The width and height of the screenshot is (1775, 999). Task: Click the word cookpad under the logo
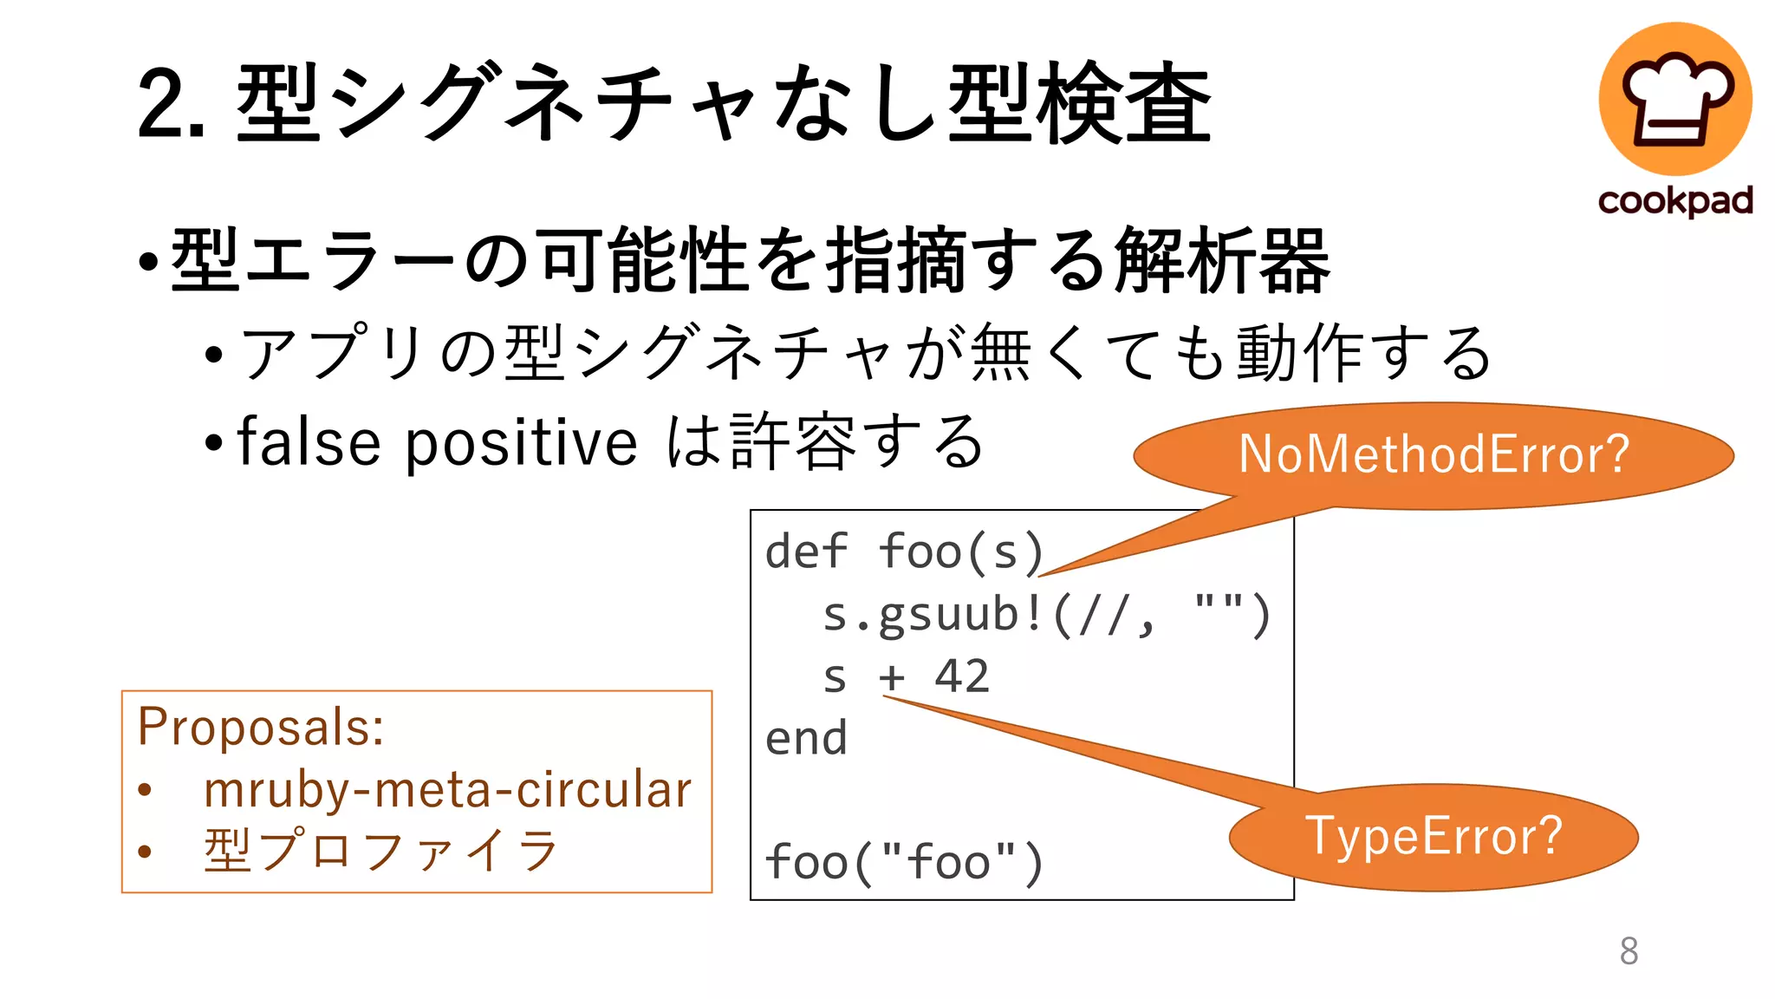click(1675, 201)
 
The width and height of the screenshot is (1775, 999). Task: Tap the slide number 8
click(1629, 950)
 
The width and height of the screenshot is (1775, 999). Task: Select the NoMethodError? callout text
click(1434, 454)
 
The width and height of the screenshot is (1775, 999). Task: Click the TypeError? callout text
click(1434, 836)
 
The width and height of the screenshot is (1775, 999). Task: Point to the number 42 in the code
click(961, 676)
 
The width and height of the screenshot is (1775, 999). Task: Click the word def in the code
click(806, 552)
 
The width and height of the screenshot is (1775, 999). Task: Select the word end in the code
click(806, 739)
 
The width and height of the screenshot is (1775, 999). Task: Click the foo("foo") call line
click(904, 863)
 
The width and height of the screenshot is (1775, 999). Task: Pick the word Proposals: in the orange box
click(261, 727)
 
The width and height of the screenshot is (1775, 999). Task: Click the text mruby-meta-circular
click(447, 790)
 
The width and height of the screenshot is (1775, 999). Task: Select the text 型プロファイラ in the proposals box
click(381, 851)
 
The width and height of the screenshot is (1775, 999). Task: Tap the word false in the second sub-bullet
click(309, 442)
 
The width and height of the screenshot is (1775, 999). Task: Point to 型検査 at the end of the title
click(1079, 104)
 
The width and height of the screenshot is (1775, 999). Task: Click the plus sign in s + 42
click(892, 677)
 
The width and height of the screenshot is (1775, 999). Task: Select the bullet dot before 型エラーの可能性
click(148, 261)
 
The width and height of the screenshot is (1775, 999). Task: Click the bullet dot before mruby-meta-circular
click(145, 790)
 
